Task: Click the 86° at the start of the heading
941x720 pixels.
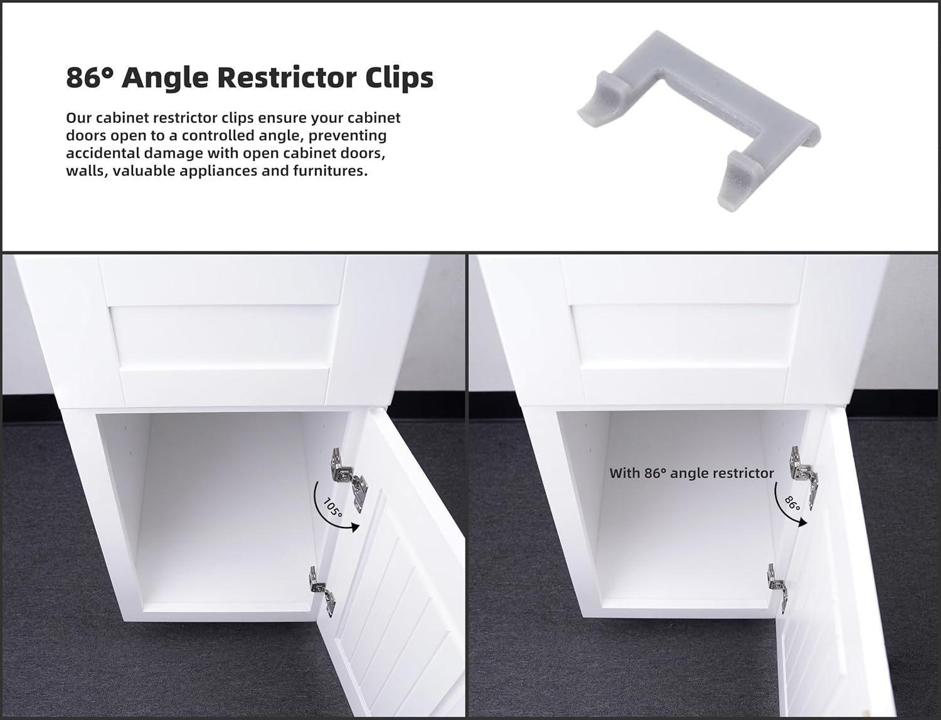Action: pos(90,78)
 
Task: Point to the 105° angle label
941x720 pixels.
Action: pos(332,508)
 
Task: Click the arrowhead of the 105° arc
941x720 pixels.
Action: pos(354,527)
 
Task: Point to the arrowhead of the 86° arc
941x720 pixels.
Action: pos(803,522)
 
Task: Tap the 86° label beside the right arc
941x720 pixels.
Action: pos(792,504)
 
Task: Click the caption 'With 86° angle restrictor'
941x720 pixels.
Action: pos(691,473)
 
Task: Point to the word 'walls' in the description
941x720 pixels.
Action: pos(84,171)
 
